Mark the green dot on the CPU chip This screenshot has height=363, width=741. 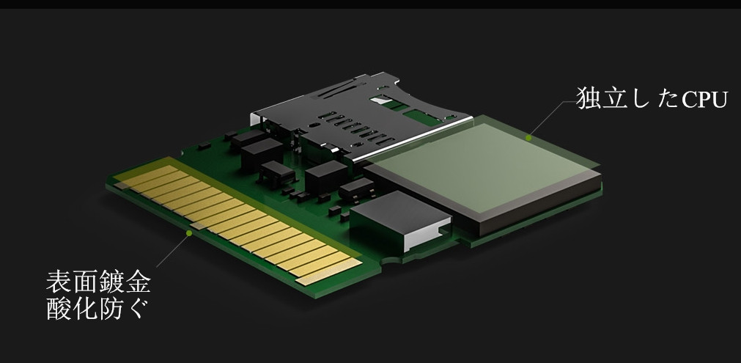click(x=528, y=138)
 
